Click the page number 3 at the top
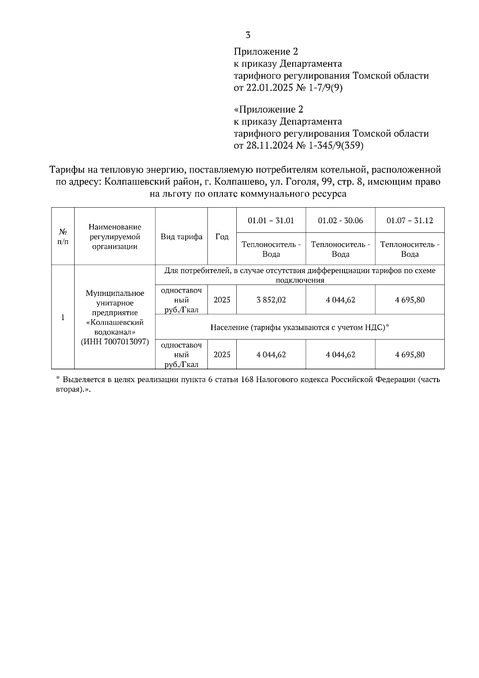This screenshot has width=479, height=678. pos(248,35)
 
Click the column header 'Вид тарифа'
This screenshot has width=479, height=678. pos(181,236)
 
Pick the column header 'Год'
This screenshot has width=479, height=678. pos(222,236)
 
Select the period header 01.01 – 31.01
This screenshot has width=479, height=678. pos(271,220)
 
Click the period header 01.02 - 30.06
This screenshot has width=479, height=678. pos(340,220)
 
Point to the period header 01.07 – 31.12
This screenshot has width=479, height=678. pos(410,220)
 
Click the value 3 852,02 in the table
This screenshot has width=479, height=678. pos(271,300)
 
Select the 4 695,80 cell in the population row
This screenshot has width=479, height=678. pos(410,355)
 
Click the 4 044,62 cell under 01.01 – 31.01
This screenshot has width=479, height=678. pos(271,355)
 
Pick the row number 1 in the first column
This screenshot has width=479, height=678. pos(63,317)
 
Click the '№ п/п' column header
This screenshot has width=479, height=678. pos(63,237)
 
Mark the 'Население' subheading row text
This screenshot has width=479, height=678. pos(299,327)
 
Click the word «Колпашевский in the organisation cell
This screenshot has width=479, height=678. pos(115,322)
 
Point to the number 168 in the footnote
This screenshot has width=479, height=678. pos(247,380)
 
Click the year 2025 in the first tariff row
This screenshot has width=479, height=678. pos(222,300)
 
